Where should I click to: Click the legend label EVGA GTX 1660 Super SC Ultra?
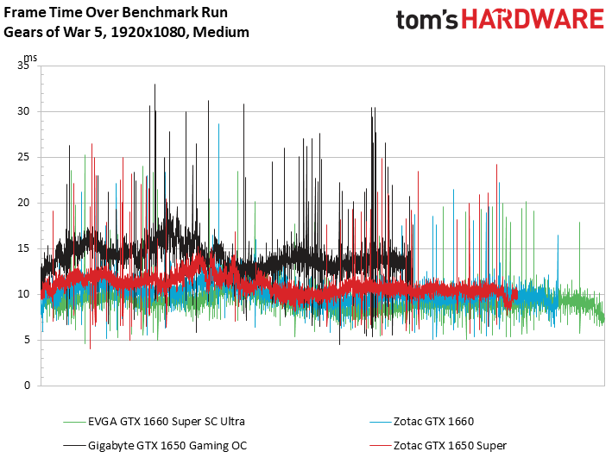tap(167, 422)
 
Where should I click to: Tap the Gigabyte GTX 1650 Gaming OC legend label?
tap(167, 445)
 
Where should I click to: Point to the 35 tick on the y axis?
tap(22, 66)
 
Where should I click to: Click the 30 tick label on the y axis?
tap(22, 111)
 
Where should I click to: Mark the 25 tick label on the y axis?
tap(22, 157)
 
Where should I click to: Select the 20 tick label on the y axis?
tap(22, 203)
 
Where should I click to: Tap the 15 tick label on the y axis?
tap(22, 248)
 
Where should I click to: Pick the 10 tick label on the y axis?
tap(22, 294)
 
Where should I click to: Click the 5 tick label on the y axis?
tap(26, 340)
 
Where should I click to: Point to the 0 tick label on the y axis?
tap(26, 386)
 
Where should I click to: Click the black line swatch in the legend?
tap(73, 445)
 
